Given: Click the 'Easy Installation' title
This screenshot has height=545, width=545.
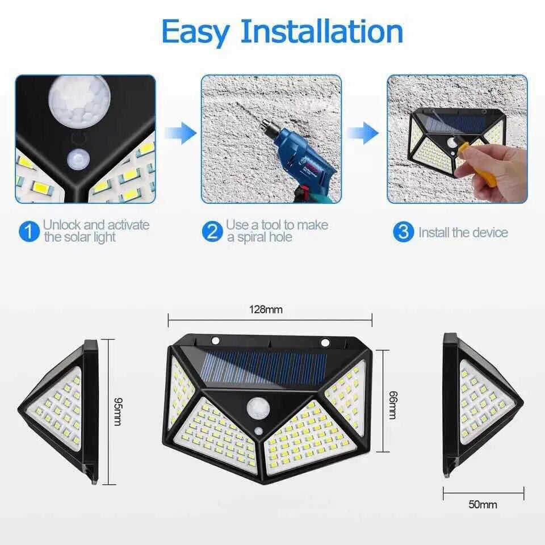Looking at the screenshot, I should click(282, 31).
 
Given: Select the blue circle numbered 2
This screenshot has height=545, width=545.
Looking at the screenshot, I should click(212, 232).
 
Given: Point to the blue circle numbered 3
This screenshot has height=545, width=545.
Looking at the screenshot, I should click(403, 232).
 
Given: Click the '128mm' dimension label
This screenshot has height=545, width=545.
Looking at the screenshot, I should click(266, 310).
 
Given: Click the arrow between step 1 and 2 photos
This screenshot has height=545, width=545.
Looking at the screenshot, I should click(180, 133).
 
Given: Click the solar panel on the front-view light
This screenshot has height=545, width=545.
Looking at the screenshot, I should click(265, 367).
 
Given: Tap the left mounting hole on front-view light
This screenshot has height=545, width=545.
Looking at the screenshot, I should click(216, 341).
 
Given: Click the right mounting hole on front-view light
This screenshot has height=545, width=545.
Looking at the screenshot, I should click(325, 342).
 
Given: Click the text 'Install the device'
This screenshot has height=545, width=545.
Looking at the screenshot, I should click(463, 232).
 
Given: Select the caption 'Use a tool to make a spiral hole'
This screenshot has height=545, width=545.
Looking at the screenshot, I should click(277, 231).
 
